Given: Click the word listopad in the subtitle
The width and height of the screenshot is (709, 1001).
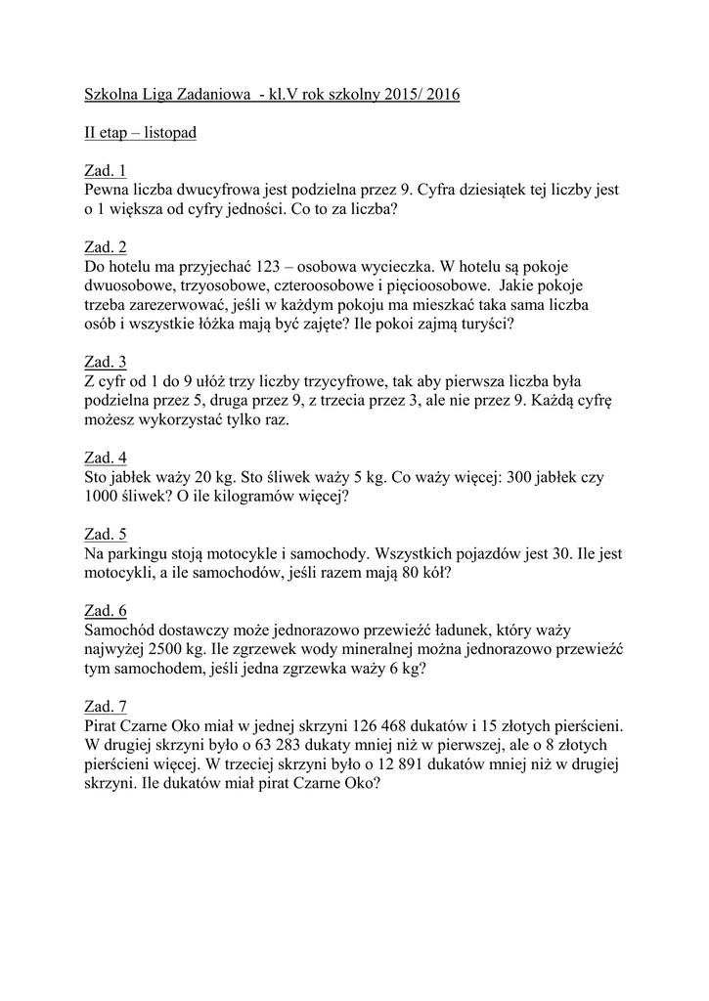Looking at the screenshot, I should (x=165, y=132).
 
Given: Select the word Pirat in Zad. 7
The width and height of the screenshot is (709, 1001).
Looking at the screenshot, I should (x=104, y=725).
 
